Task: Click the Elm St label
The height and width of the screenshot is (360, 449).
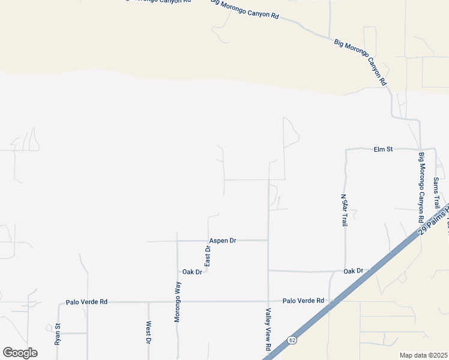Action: coord(382,149)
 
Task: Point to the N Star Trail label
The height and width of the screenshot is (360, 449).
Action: coord(344,210)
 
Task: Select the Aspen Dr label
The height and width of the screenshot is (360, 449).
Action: coord(222,241)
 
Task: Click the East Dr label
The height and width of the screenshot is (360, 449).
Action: coord(207,256)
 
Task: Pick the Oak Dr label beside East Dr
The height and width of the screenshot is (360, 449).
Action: coord(192,272)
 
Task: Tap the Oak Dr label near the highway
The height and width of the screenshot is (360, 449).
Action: coord(354,271)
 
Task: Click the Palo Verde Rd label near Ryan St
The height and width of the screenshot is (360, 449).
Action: coord(86,301)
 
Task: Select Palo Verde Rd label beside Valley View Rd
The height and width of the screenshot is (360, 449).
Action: coord(303,301)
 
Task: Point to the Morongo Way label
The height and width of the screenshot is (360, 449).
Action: coord(178,302)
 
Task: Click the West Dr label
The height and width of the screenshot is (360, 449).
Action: coord(148,333)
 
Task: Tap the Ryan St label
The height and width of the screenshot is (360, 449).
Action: coord(58,334)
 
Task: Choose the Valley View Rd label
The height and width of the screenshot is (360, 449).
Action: coord(268,330)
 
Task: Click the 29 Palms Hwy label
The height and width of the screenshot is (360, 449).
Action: coord(433,220)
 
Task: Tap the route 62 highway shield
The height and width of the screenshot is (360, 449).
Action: coord(291,340)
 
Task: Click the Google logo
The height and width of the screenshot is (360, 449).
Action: coord(20,353)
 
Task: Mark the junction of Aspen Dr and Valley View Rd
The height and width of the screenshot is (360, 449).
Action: coord(268,241)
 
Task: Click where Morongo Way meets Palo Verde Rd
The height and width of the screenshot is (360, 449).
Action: coord(178,302)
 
